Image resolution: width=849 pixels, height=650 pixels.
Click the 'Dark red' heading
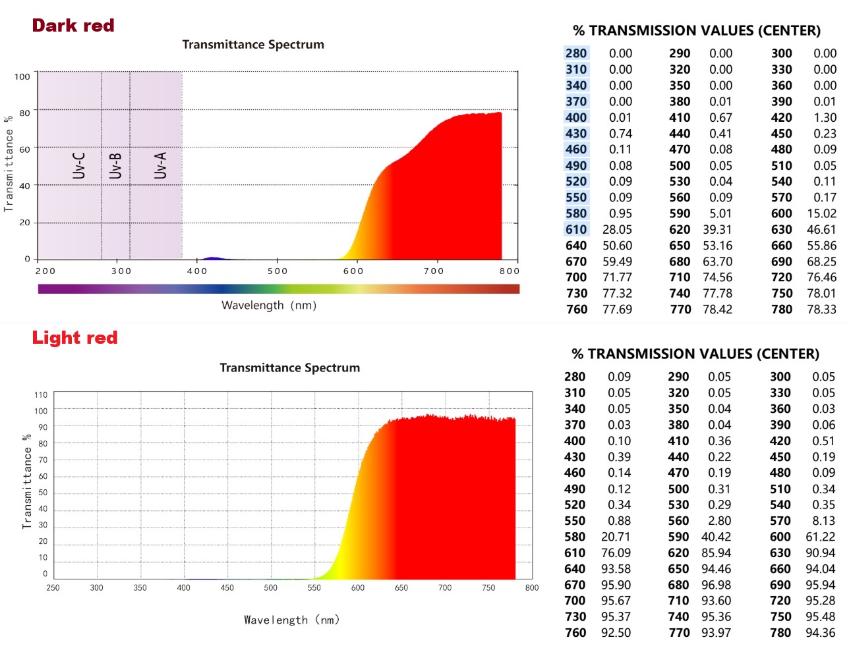tap(73, 26)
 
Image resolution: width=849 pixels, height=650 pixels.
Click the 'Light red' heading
tap(74, 338)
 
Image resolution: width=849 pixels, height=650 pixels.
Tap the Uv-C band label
tap(79, 165)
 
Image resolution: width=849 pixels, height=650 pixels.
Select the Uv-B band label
tap(115, 165)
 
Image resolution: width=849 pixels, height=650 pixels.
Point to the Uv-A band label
tap(160, 165)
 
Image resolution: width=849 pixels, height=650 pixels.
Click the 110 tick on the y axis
tap(41, 395)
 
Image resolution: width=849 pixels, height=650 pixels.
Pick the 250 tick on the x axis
tap(53, 587)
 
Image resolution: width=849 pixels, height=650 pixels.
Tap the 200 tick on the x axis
tap(45, 271)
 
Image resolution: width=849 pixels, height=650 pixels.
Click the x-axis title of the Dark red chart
tap(269, 306)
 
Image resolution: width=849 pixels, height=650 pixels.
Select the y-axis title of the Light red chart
tap(26, 481)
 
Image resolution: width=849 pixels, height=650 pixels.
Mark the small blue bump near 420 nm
tap(212, 258)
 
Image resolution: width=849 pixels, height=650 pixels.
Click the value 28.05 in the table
tap(617, 230)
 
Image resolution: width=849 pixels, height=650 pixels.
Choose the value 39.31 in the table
tap(717, 230)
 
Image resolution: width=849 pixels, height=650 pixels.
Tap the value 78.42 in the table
tap(717, 310)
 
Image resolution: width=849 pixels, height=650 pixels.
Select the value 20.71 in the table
tap(616, 537)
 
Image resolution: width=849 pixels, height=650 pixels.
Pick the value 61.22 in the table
tap(820, 537)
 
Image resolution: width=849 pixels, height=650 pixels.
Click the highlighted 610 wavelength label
tap(576, 230)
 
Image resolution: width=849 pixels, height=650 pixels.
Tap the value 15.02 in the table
tap(821, 214)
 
